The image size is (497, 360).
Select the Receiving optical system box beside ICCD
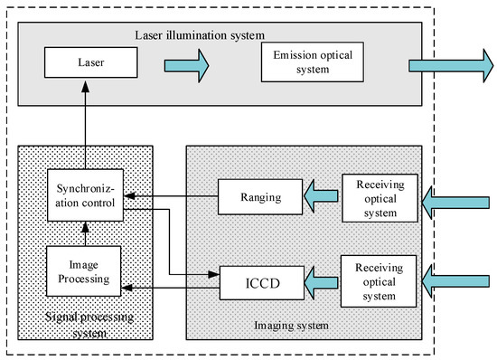[x=380, y=278]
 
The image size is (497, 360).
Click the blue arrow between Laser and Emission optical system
[x=185, y=65]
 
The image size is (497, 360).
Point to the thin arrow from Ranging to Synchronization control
[x=172, y=194]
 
